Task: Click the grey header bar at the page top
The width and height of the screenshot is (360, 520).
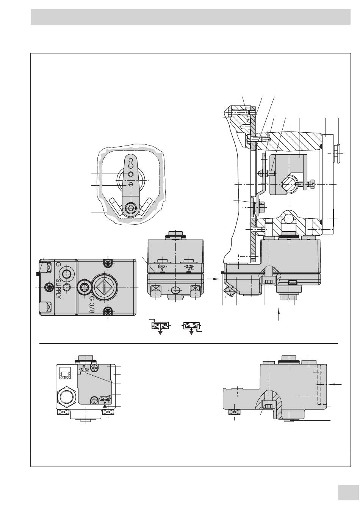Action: click(190, 17)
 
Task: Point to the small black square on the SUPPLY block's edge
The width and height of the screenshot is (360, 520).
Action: click(37, 274)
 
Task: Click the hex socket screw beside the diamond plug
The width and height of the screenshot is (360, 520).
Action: click(84, 287)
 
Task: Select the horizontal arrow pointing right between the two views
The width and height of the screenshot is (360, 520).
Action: click(213, 278)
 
